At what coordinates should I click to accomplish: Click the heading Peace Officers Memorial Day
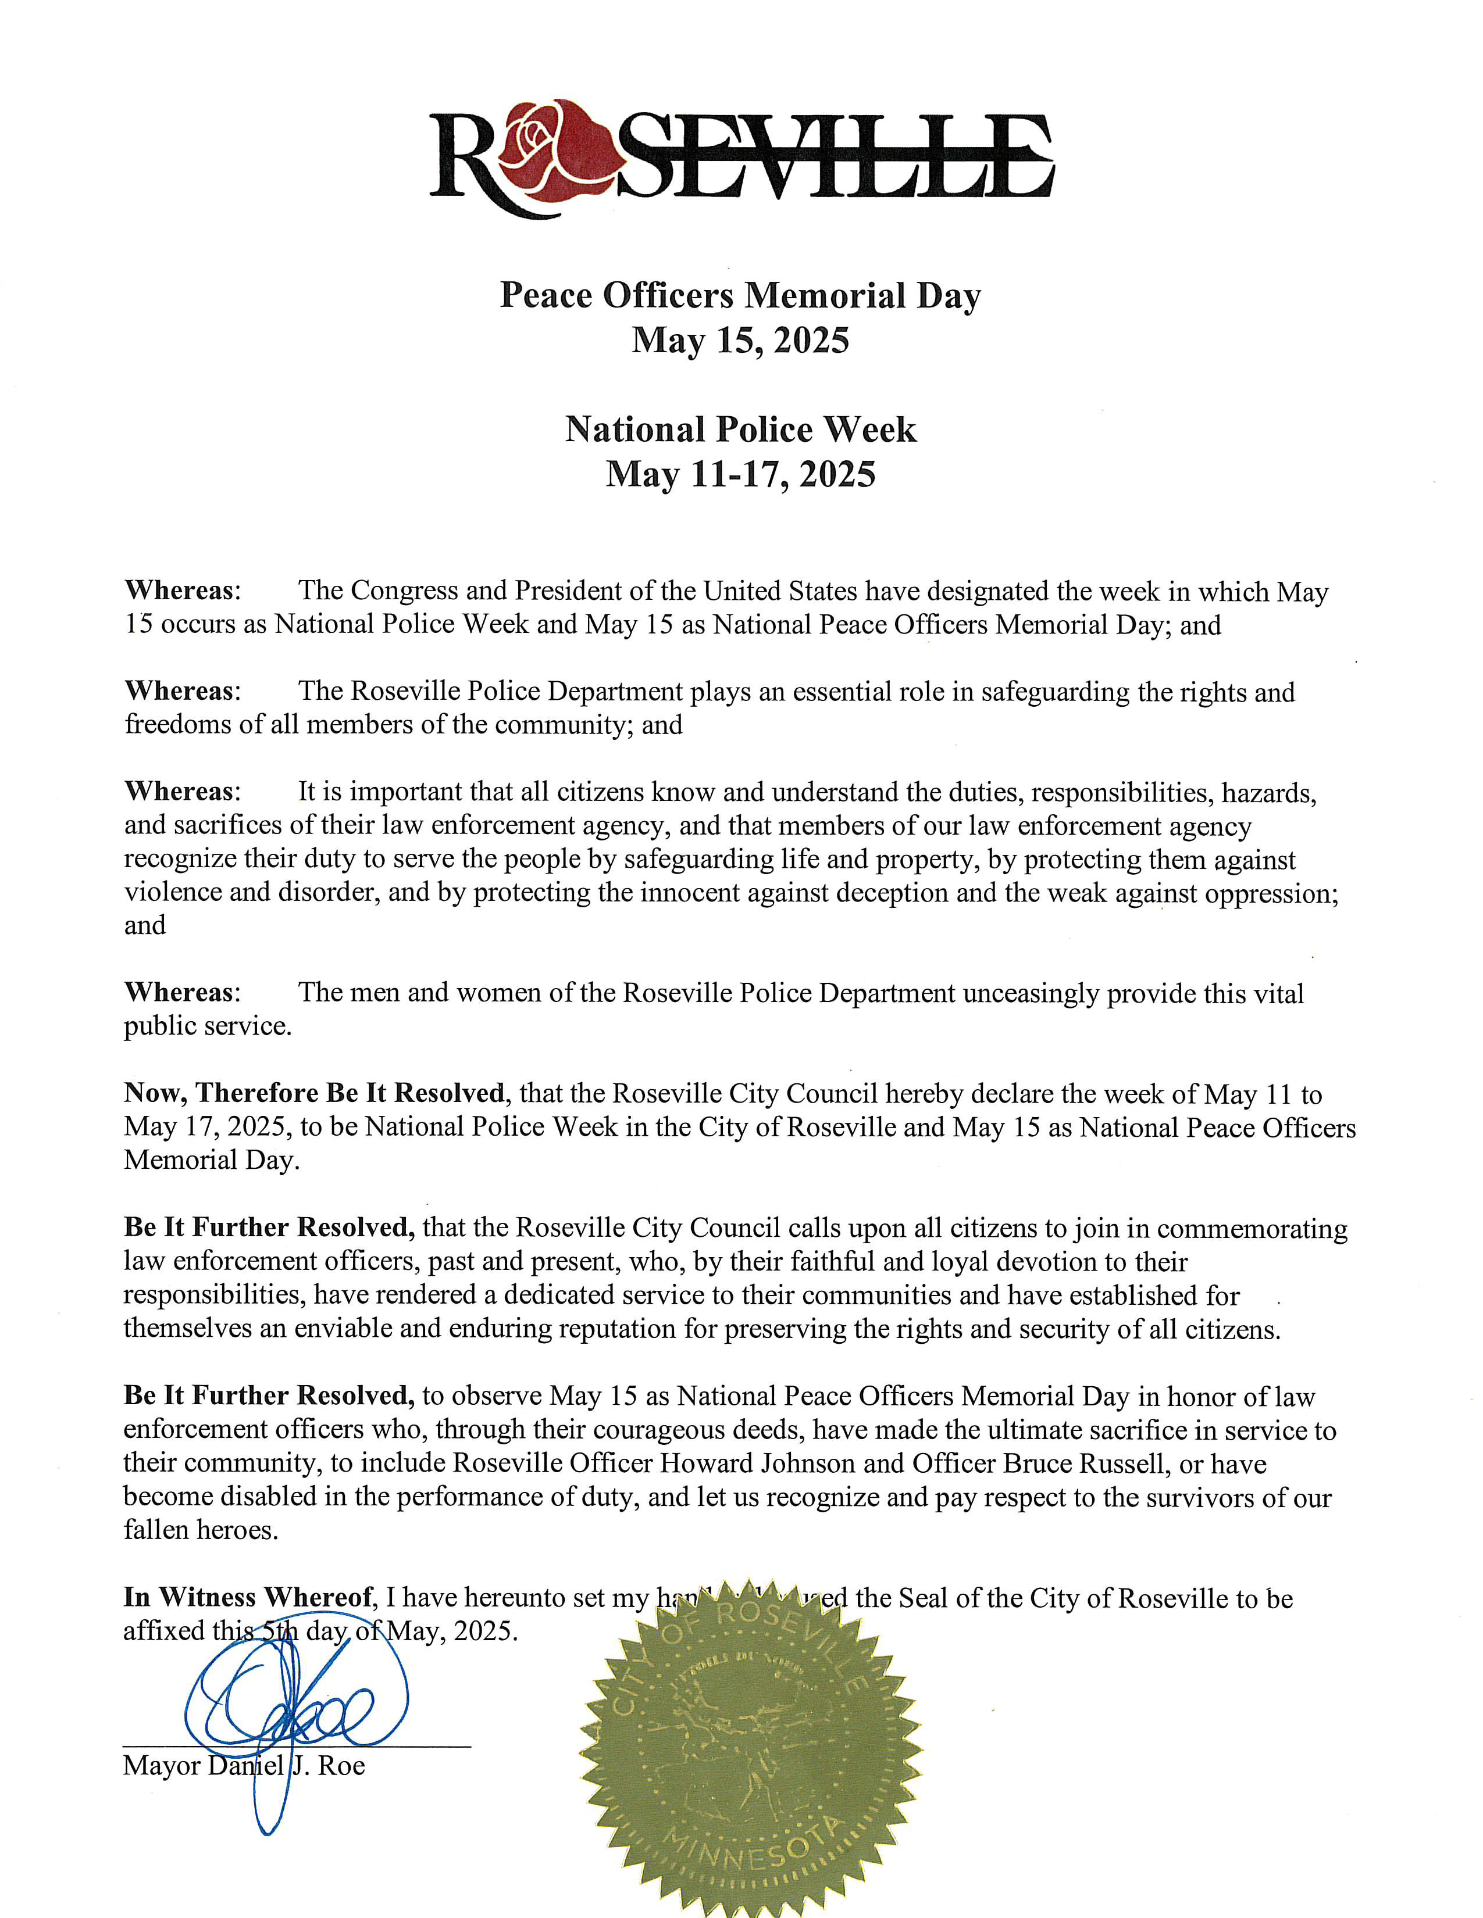(740, 296)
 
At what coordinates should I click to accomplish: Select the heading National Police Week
(740, 430)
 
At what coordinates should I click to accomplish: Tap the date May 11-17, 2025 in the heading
(740, 474)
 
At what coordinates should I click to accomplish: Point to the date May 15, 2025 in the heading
(740, 340)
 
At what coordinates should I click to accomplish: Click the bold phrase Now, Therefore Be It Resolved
(315, 1093)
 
